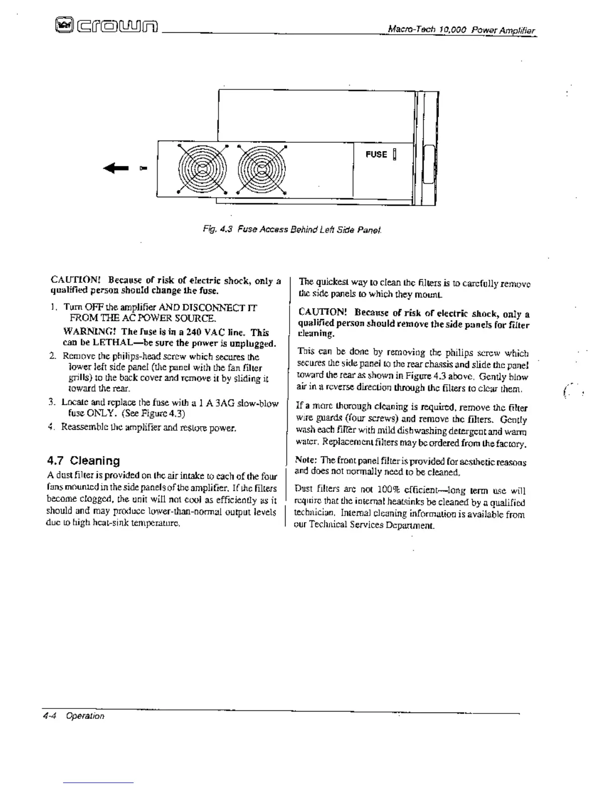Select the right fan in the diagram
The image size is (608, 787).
pyautogui.click(x=262, y=169)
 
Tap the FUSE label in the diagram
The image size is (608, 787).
pyautogui.click(x=376, y=155)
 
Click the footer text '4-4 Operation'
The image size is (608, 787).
pyautogui.click(x=74, y=716)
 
